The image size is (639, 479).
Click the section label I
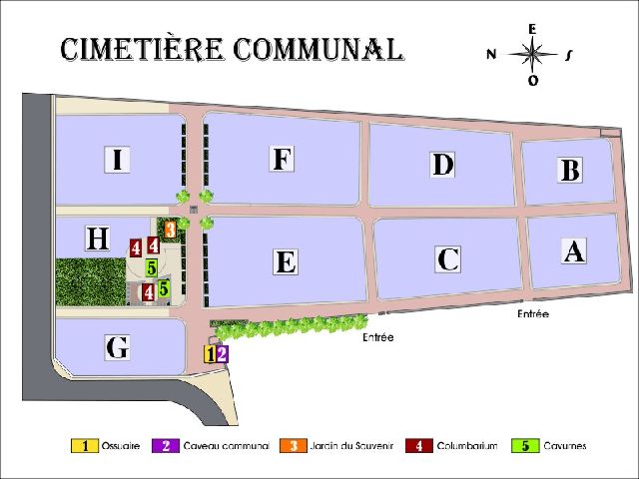[118, 160]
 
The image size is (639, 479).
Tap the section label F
[283, 159]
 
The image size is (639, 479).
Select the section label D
[443, 165]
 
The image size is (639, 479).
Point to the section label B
[570, 171]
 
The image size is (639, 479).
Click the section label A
[573, 251]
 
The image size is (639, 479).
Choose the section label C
[448, 259]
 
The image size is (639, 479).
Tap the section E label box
[286, 262]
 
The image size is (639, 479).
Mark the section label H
[97, 239]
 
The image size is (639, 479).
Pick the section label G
[117, 348]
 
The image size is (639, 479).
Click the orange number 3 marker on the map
[171, 230]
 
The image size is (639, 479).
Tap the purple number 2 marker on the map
[222, 352]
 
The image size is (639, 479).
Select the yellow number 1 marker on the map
[210, 353]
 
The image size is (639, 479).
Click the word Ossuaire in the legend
[120, 446]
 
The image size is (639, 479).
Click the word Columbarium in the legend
[466, 446]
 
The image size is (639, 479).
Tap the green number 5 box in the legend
[524, 446]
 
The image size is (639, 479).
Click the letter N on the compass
[491, 55]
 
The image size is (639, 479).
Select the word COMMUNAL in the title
[319, 49]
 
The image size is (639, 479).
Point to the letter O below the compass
[533, 82]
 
